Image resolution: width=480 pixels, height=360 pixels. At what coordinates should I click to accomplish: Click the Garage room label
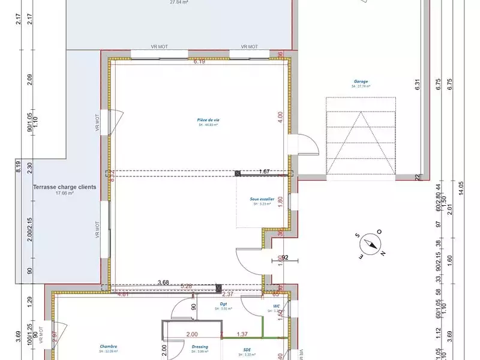[361, 81]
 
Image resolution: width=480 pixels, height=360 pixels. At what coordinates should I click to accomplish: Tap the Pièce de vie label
[208, 120]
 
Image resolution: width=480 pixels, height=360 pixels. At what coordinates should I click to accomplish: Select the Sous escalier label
[262, 199]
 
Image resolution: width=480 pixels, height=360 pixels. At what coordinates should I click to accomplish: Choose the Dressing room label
[200, 347]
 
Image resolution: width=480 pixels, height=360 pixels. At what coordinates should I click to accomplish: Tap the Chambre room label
[109, 346]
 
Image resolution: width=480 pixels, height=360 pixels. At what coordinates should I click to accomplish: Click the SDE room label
[247, 350]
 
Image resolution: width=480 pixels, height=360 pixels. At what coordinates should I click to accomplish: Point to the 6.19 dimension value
[199, 61]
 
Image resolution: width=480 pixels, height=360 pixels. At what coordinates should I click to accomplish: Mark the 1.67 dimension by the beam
[265, 172]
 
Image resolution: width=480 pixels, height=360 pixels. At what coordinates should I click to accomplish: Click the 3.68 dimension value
[163, 282]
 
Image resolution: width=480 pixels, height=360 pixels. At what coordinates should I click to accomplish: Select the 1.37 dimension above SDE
[242, 334]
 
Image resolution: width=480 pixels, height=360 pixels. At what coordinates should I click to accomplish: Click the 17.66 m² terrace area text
[64, 194]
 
